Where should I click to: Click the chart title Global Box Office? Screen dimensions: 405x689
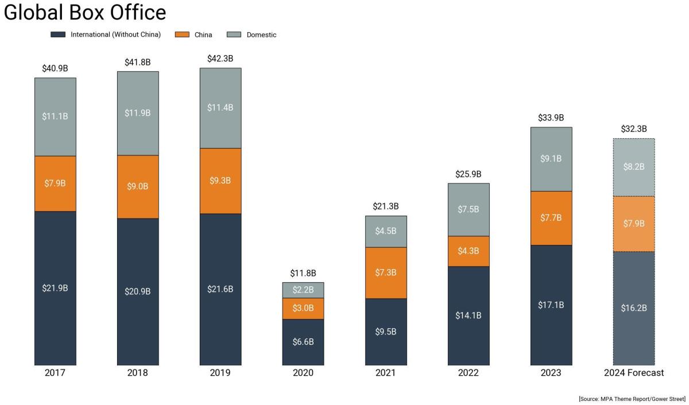tap(85, 13)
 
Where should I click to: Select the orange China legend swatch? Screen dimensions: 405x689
tap(182, 34)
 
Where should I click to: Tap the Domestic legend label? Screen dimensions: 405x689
tap(261, 35)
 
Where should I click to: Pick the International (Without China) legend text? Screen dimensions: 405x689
tap(115, 34)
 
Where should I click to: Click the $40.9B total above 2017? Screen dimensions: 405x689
tap(55, 68)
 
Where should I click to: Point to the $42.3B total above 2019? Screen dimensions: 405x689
tap(220, 59)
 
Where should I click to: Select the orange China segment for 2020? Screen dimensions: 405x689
tap(303, 308)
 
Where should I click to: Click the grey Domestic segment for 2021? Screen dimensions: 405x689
tap(386, 231)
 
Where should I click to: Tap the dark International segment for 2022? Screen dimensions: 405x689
tap(469, 315)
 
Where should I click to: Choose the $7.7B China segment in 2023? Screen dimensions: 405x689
tap(551, 218)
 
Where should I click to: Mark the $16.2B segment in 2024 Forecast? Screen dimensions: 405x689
tap(634, 308)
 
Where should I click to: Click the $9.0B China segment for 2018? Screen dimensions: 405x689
tap(138, 186)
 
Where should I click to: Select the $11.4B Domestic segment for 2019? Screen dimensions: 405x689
tap(220, 108)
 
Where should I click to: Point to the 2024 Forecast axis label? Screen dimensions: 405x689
tap(634, 373)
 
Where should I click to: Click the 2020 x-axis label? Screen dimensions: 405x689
tap(303, 373)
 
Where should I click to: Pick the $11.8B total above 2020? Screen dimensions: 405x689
tap(303, 273)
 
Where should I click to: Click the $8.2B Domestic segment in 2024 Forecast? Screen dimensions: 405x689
tap(634, 167)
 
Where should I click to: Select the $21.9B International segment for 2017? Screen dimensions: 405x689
tap(55, 288)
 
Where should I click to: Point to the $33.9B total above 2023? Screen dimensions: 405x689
tap(551, 118)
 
